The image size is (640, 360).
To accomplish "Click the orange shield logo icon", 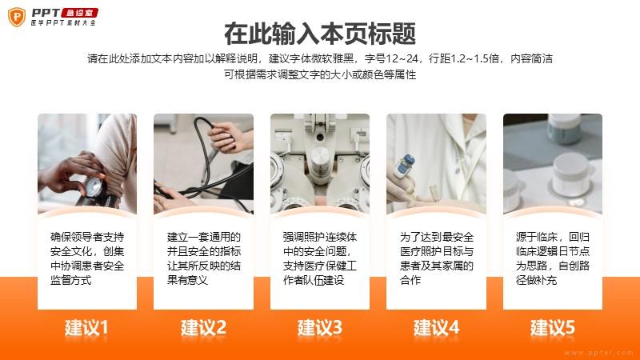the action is point(17,17).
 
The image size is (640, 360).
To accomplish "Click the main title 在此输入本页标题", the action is point(320,34).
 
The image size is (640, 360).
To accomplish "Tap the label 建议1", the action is point(86,328).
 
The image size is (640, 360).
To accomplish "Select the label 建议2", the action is point(203,328).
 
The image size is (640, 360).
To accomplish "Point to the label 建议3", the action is point(319,328).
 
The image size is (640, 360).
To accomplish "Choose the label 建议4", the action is point(436,328).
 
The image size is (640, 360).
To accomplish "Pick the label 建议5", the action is point(553,328).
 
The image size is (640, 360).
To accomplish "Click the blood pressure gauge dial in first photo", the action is point(94,187).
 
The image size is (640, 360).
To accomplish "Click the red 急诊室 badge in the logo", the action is point(79,13).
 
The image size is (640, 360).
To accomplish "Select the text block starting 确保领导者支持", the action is point(87,258).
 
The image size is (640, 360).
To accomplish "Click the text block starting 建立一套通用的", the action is point(204,258).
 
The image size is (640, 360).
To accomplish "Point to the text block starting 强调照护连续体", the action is point(320,258).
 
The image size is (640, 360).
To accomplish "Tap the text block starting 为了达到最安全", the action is point(437,258).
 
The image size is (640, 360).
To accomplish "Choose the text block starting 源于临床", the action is point(553,258).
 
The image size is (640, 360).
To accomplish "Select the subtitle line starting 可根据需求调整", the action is point(320,74).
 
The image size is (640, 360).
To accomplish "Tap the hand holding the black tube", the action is point(230,137).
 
